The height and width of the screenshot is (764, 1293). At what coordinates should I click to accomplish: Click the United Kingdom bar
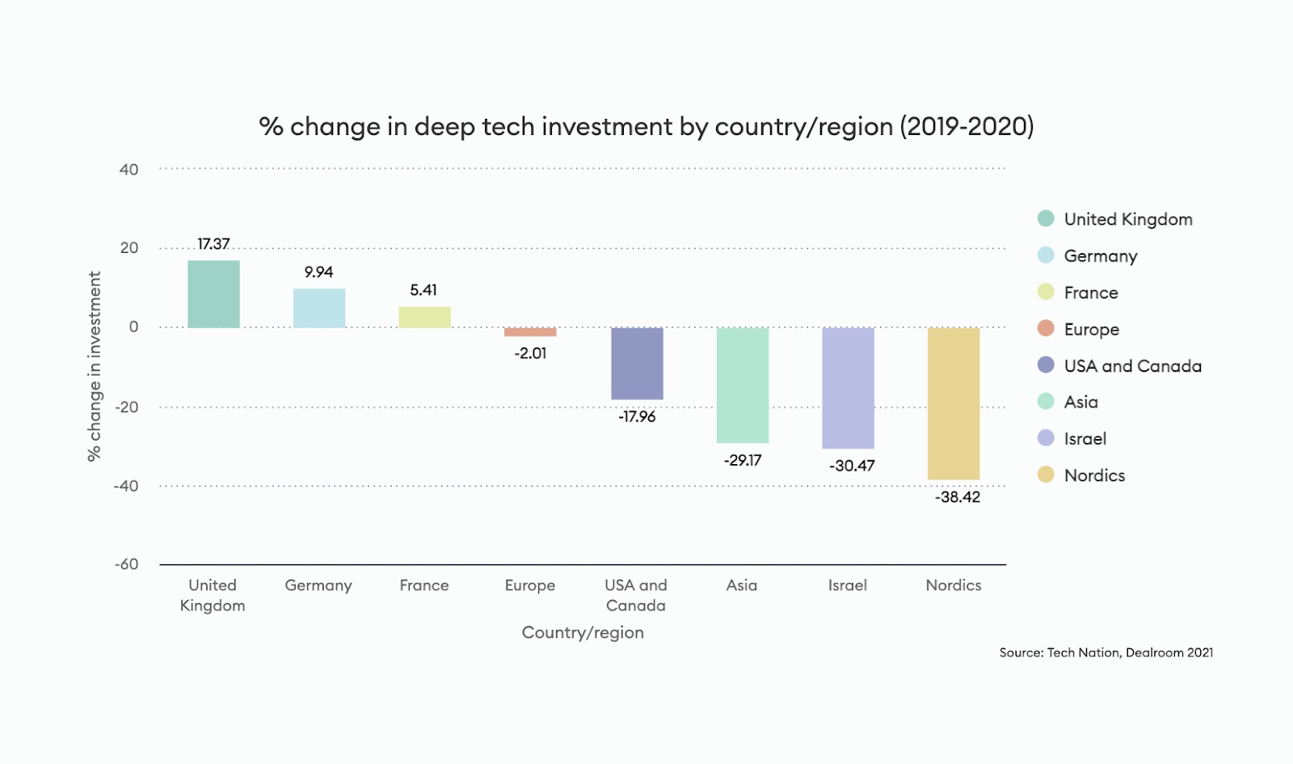(x=213, y=293)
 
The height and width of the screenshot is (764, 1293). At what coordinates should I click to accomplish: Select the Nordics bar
(x=953, y=403)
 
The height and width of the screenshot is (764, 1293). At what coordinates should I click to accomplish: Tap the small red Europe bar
(x=530, y=331)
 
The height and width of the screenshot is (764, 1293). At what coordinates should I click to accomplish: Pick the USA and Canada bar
(x=637, y=363)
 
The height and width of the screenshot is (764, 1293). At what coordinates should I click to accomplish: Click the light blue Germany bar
(x=318, y=308)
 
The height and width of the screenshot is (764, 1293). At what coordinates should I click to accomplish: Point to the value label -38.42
(x=958, y=497)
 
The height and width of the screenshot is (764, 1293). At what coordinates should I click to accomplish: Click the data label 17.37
(x=213, y=243)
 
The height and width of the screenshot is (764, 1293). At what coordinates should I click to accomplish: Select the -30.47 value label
(x=852, y=466)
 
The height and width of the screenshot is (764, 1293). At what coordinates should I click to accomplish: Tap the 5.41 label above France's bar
(x=423, y=289)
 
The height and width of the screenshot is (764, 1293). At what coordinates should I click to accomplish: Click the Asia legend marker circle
(x=1046, y=402)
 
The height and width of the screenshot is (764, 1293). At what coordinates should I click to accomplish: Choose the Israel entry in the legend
(x=1085, y=439)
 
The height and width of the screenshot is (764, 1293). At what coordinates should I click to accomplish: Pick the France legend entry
(x=1090, y=293)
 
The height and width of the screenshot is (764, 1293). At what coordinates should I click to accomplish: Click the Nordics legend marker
(x=1046, y=475)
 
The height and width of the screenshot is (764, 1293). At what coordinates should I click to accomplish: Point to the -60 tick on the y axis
(x=126, y=564)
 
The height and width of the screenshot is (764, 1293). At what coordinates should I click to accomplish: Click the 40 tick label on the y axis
(x=128, y=170)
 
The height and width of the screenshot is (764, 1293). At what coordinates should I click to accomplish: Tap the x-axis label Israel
(x=847, y=585)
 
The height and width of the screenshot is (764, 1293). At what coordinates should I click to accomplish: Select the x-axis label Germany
(x=318, y=585)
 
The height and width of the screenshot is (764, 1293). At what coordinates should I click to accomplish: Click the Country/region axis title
(x=583, y=632)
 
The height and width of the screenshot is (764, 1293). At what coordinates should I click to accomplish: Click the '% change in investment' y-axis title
(x=95, y=366)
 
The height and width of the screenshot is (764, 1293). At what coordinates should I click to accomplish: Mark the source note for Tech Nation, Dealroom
(x=1106, y=652)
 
